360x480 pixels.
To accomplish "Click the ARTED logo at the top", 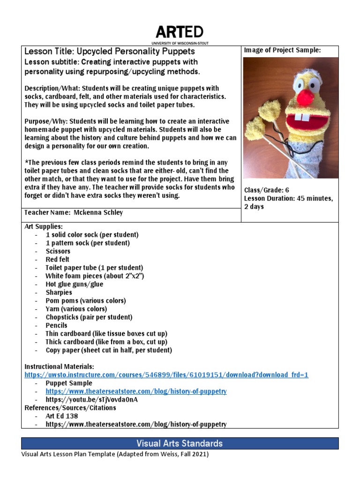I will click(x=180, y=32).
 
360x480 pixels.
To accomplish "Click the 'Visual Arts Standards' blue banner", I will click(x=180, y=443).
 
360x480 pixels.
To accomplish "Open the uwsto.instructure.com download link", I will click(x=166, y=375).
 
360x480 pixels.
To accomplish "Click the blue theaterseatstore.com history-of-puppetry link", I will click(x=136, y=391).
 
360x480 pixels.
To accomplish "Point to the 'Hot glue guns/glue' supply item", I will click(x=74, y=284).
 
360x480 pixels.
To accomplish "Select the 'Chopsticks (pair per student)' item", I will click(x=89, y=317).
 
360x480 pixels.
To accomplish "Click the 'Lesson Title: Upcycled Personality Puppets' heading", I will click(x=109, y=52).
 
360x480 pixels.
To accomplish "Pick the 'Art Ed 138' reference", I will click(x=61, y=416).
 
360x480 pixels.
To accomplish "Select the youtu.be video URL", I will click(x=91, y=400).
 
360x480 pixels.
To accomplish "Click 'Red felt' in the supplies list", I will click(x=58, y=259).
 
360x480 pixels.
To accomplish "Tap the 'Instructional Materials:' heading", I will click(x=59, y=366).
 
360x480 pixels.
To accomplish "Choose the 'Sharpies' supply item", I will click(x=59, y=292).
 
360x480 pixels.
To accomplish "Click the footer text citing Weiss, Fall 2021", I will click(x=115, y=454).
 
